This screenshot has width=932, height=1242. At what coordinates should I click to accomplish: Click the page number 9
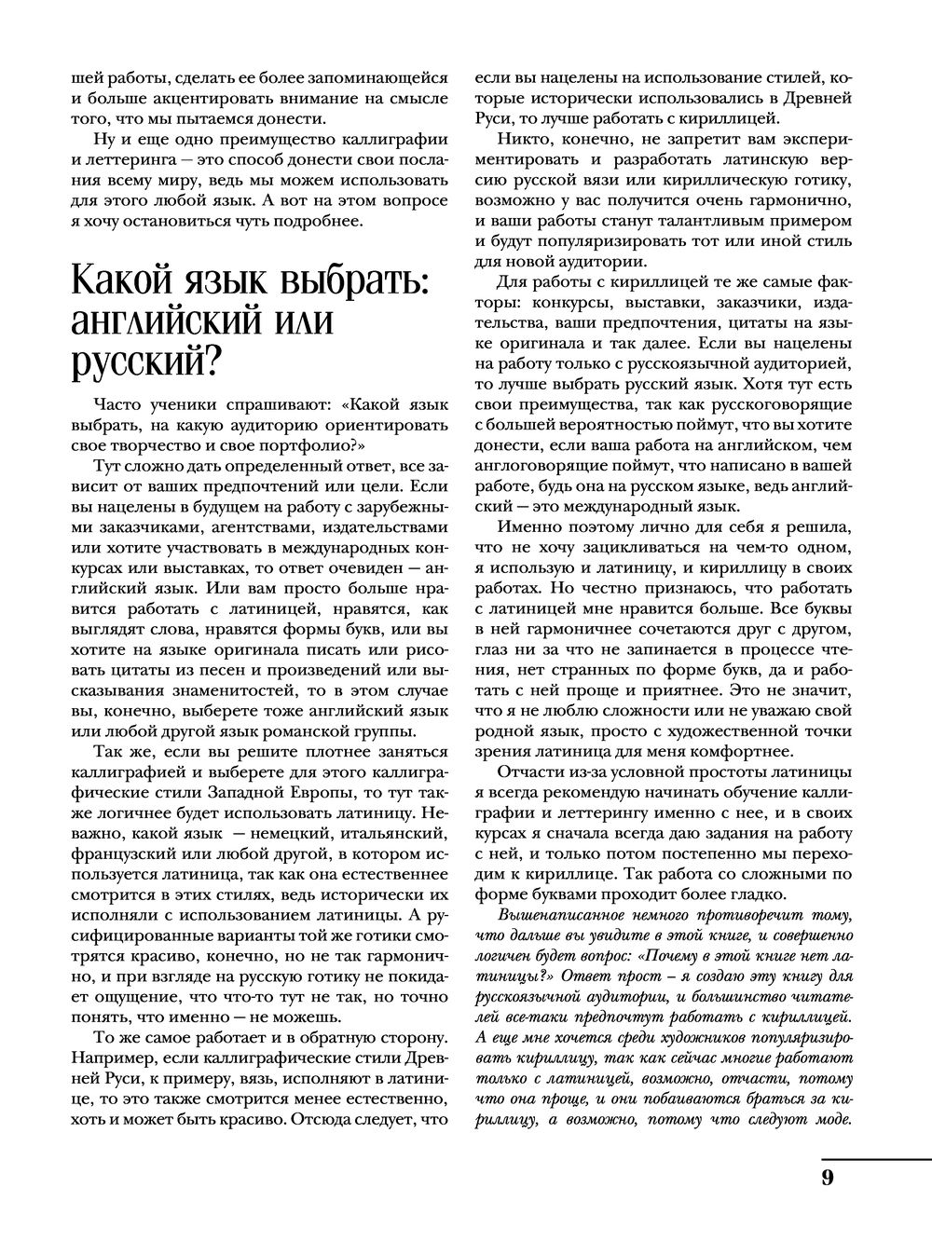coord(828,1176)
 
